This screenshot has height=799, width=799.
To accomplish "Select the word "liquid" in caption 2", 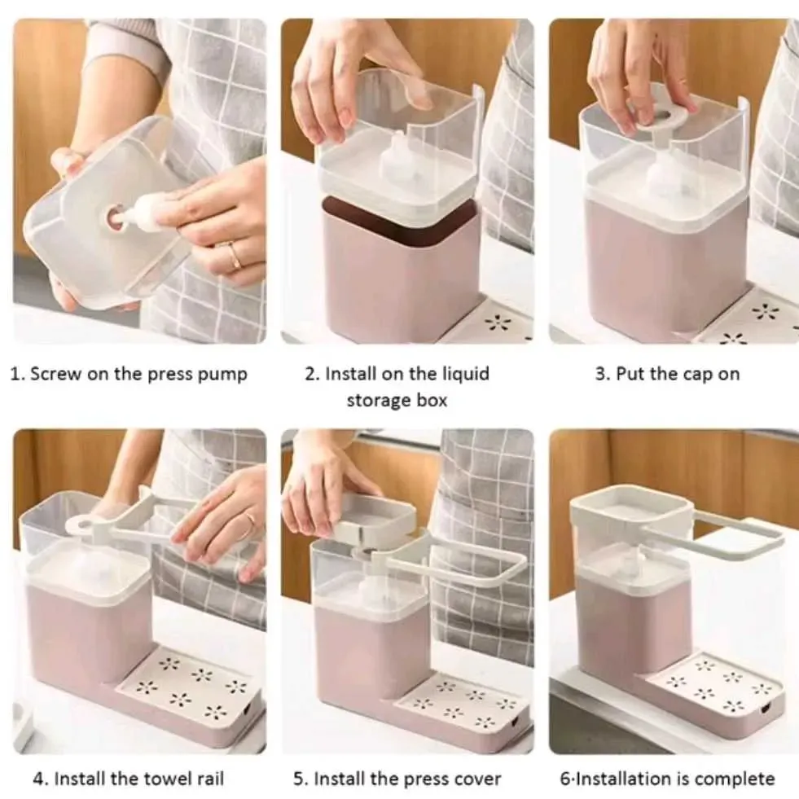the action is (465, 375).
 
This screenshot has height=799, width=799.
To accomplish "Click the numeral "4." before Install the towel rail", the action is (41, 779).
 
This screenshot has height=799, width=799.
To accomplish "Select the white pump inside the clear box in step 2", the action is (397, 157).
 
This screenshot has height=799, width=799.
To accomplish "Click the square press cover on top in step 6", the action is (632, 510).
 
